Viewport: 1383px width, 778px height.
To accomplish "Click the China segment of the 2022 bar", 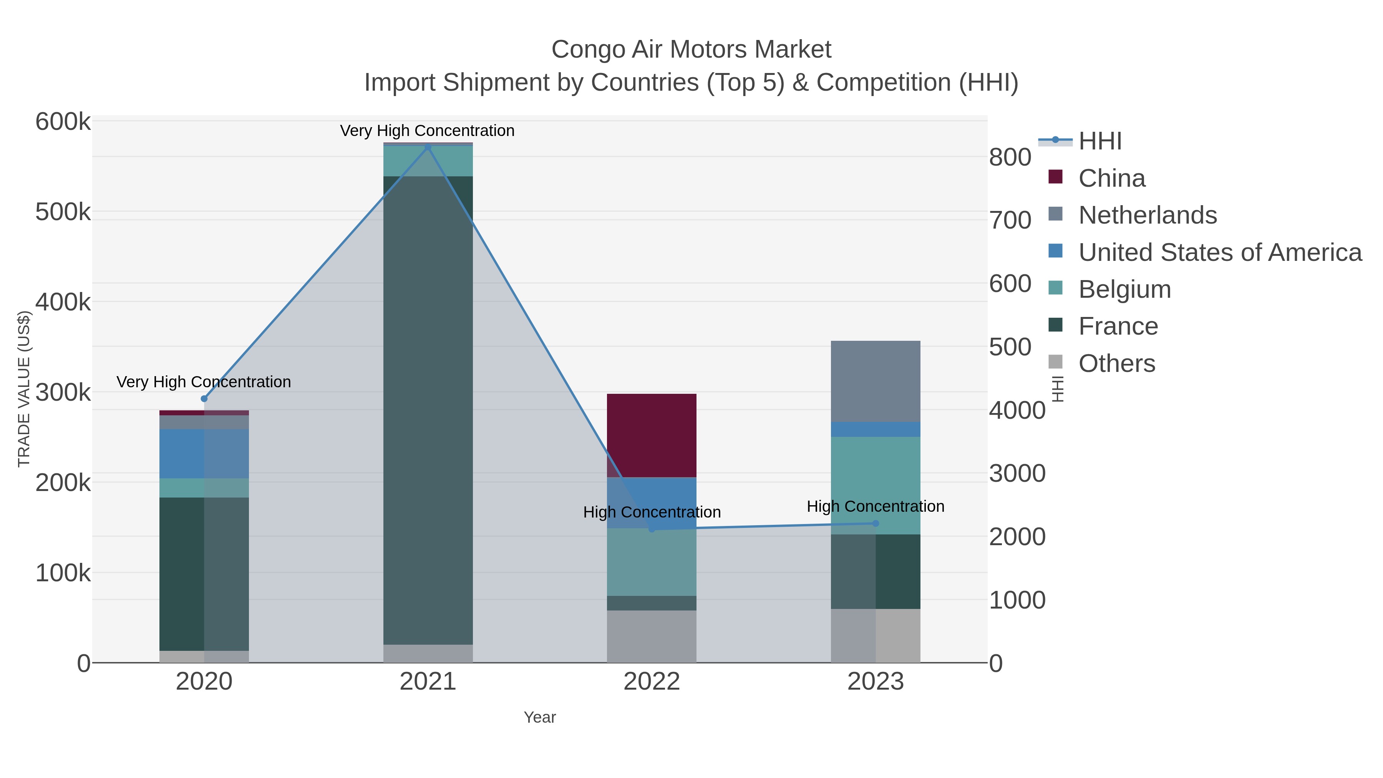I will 651,435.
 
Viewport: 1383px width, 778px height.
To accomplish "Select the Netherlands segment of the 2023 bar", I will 875,381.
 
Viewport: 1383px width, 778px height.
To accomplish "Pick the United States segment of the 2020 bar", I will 204,453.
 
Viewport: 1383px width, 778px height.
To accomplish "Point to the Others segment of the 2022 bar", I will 651,636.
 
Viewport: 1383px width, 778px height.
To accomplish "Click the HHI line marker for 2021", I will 428,147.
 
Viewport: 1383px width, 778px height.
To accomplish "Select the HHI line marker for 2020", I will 204,398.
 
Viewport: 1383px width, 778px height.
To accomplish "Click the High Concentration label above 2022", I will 651,512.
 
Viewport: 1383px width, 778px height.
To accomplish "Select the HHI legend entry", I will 1099,141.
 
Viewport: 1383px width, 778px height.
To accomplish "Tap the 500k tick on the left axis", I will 63,212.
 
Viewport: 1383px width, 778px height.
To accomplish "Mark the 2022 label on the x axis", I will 651,682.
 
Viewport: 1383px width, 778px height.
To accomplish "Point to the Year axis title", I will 540,717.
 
